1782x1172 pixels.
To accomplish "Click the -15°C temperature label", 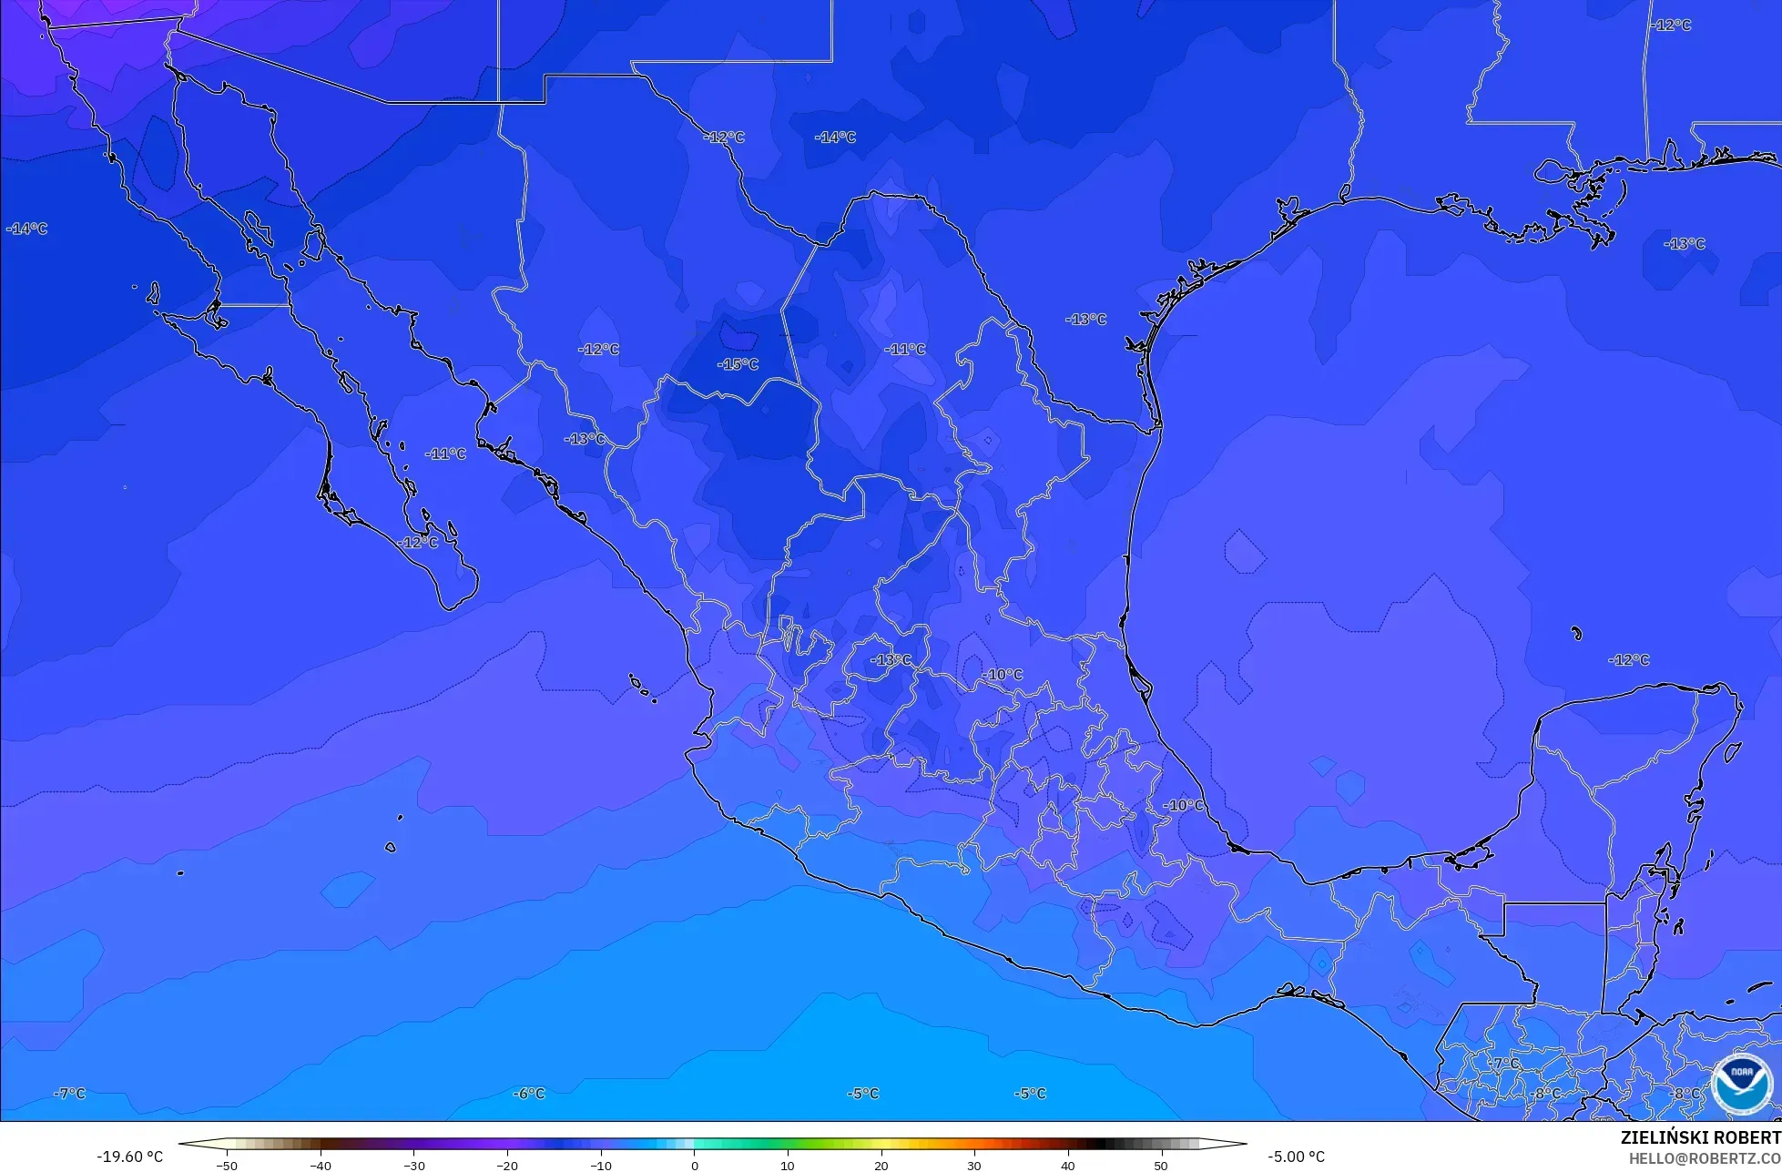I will [738, 364].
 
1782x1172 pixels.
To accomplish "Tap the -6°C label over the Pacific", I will [529, 1093].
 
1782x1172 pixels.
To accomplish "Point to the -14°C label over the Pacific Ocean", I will [27, 229].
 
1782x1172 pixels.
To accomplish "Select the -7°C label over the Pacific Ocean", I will [70, 1093].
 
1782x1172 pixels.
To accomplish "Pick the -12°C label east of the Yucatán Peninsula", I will [1629, 659].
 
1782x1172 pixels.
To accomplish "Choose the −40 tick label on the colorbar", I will [320, 1165].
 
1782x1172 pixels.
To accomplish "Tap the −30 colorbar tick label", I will [413, 1165].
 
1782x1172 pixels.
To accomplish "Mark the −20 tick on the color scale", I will [506, 1165].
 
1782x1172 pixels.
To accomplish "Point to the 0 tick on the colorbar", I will [694, 1165].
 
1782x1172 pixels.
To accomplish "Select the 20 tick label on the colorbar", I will [881, 1165].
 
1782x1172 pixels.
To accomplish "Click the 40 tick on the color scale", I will [1067, 1165].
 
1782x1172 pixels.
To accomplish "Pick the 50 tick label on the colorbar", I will [1161, 1165].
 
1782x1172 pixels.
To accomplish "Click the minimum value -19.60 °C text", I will [130, 1157].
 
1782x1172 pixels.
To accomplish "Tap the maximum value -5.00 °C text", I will [1296, 1157].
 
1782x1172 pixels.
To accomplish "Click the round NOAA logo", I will [1741, 1084].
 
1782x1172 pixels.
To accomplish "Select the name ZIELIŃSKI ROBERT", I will [1700, 1137].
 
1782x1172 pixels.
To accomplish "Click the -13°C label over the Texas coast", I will [1086, 319].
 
